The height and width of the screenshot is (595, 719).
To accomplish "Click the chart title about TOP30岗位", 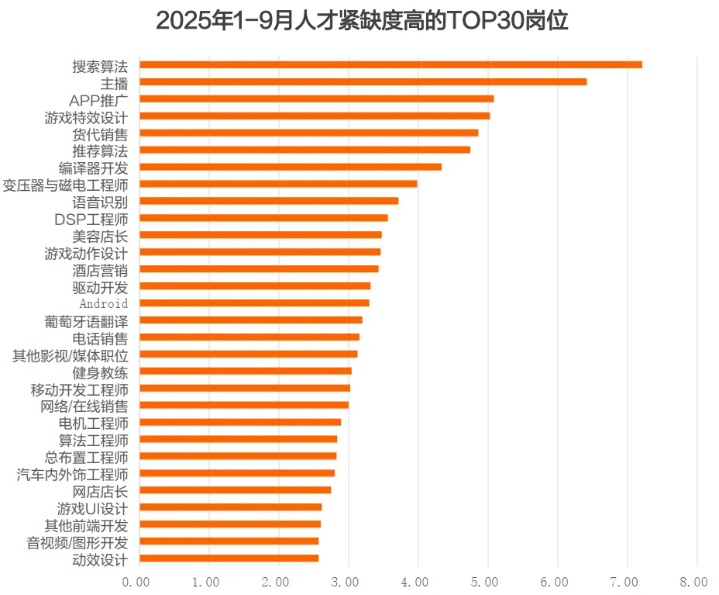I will [362, 21].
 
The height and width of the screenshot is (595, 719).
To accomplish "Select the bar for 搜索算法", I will [390, 64].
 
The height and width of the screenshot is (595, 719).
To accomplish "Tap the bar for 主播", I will [363, 81].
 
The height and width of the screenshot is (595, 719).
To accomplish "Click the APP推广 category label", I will [98, 99].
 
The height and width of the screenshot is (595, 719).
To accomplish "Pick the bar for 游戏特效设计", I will [315, 116].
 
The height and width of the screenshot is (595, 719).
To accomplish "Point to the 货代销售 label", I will [100, 133].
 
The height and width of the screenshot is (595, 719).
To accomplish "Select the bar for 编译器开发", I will [291, 167].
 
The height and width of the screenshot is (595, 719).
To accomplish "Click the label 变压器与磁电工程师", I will [65, 185].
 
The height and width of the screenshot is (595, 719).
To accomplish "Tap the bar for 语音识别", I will [269, 201].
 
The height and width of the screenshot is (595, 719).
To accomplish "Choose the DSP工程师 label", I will [91, 219].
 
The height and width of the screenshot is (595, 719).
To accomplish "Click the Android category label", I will [104, 303].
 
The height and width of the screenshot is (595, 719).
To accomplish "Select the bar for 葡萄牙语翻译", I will [251, 320].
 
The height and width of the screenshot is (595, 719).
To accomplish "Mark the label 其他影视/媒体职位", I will [71, 355].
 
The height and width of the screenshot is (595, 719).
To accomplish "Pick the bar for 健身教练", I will [246, 371].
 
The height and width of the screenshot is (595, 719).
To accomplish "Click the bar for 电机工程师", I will [240, 422].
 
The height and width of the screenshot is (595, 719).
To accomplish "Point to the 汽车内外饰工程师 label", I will [72, 473].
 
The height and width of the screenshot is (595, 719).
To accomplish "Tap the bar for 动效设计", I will [229, 558].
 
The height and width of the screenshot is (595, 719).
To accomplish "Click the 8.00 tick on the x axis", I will [694, 581].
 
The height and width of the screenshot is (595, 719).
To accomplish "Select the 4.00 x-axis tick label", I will [416, 581].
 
